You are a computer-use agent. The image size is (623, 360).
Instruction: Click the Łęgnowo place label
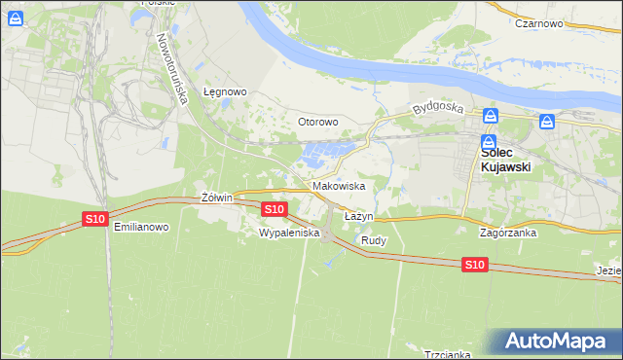[x=225, y=91]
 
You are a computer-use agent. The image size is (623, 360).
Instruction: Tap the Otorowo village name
[x=317, y=122]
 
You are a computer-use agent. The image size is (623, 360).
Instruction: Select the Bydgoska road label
[x=433, y=108]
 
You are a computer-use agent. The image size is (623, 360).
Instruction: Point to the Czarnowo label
[x=541, y=22]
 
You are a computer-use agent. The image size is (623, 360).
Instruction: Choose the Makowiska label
[x=339, y=185]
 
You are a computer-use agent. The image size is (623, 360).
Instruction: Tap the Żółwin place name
[x=217, y=198]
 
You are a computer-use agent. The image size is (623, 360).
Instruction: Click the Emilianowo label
[x=141, y=227]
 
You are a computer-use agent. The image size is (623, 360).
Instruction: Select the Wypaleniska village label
[x=282, y=233]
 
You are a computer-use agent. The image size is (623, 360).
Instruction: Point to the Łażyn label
[x=359, y=215]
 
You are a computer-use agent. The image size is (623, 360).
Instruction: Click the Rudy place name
[x=374, y=239]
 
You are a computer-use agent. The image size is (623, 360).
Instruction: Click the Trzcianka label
[x=447, y=354]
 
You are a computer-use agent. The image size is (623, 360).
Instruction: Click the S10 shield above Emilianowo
[x=94, y=219]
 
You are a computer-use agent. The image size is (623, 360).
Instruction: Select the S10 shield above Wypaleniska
[x=275, y=209]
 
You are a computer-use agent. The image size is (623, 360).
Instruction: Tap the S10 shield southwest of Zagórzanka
[x=474, y=265]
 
